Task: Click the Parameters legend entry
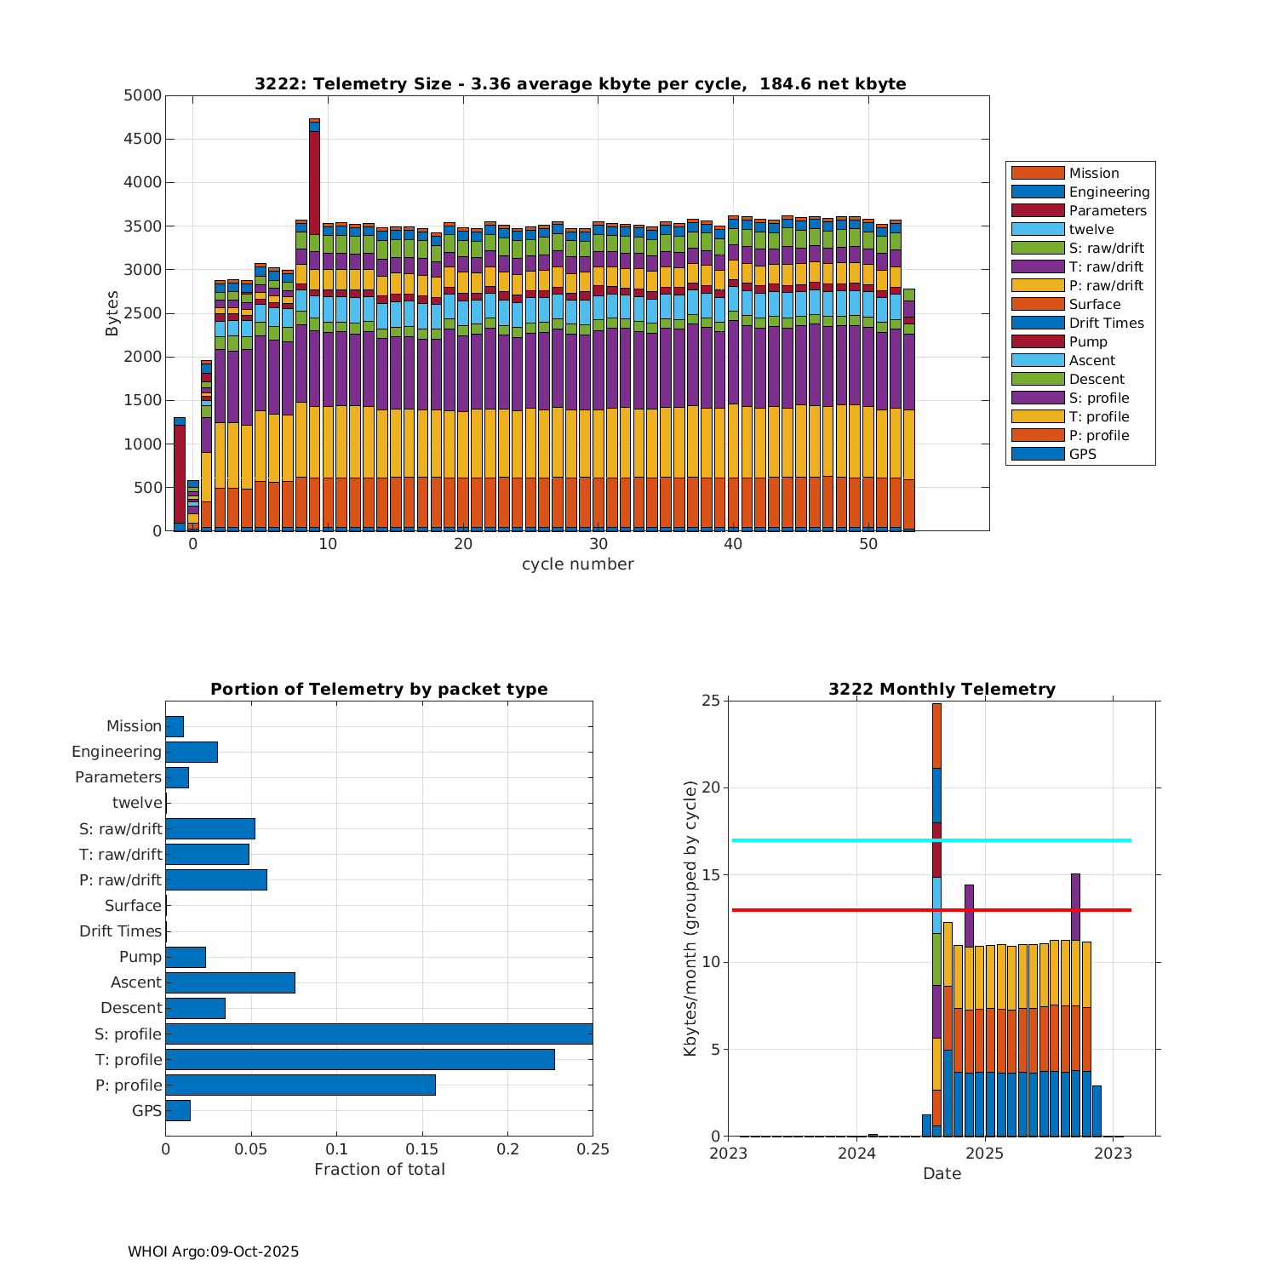tap(1107, 210)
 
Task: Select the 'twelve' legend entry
tap(1091, 229)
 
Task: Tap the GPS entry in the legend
tap(1082, 454)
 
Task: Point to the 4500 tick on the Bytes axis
tap(142, 139)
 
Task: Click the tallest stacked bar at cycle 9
tap(314, 341)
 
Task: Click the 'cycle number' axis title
tap(577, 564)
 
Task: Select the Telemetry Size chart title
tap(580, 83)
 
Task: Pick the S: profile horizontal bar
tap(379, 1034)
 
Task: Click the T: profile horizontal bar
tap(359, 1059)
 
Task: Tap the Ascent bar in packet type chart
tap(230, 982)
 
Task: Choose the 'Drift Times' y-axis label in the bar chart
tap(120, 931)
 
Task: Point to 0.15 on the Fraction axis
tap(422, 1149)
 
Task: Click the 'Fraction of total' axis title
tap(379, 1169)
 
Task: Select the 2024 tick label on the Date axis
tap(856, 1153)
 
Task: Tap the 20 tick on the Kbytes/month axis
tap(710, 787)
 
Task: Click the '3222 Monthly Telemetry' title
tap(942, 689)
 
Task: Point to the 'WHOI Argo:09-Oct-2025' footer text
tap(213, 1251)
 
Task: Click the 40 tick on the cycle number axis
tap(733, 544)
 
